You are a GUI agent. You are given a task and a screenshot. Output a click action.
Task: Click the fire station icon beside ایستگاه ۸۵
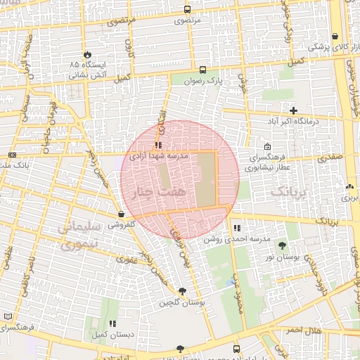pos(87,54)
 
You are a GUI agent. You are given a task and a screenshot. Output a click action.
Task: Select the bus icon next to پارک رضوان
pos(202,70)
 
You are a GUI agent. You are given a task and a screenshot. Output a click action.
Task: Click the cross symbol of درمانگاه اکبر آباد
pos(294,110)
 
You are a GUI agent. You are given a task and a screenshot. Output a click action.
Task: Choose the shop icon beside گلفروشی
pos(122,214)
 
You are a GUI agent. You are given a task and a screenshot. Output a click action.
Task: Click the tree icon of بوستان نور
pos(282,245)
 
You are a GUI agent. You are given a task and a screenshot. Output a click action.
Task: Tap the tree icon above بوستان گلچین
pos(184,290)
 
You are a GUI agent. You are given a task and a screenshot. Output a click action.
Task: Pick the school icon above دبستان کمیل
pos(112,323)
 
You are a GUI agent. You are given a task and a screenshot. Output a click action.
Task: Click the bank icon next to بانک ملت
pos(12,155)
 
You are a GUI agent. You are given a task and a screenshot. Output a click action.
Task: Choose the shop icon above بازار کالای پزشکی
pos(335,35)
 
